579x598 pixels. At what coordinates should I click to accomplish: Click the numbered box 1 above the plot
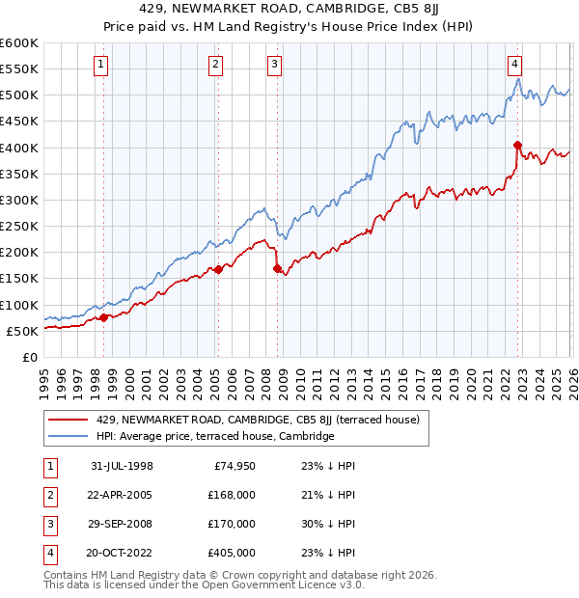pos(101,65)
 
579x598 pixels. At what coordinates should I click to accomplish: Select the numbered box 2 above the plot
pos(214,65)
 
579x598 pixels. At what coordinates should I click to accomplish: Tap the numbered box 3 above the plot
pos(275,65)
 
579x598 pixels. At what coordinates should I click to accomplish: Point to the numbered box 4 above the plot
pos(515,65)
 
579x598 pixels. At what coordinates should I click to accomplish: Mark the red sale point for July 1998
pos(104,317)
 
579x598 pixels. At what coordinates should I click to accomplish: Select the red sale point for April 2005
pos(218,269)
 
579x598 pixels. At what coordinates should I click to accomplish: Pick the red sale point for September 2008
pos(278,268)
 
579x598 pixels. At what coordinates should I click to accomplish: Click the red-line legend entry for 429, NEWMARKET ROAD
pos(258,420)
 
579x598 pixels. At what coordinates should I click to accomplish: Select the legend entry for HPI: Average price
pos(215,436)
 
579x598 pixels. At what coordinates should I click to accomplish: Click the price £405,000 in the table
pos(232,553)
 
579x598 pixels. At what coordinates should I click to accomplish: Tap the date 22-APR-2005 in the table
pos(122,495)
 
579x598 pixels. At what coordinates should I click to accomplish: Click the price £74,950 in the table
pos(234,466)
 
